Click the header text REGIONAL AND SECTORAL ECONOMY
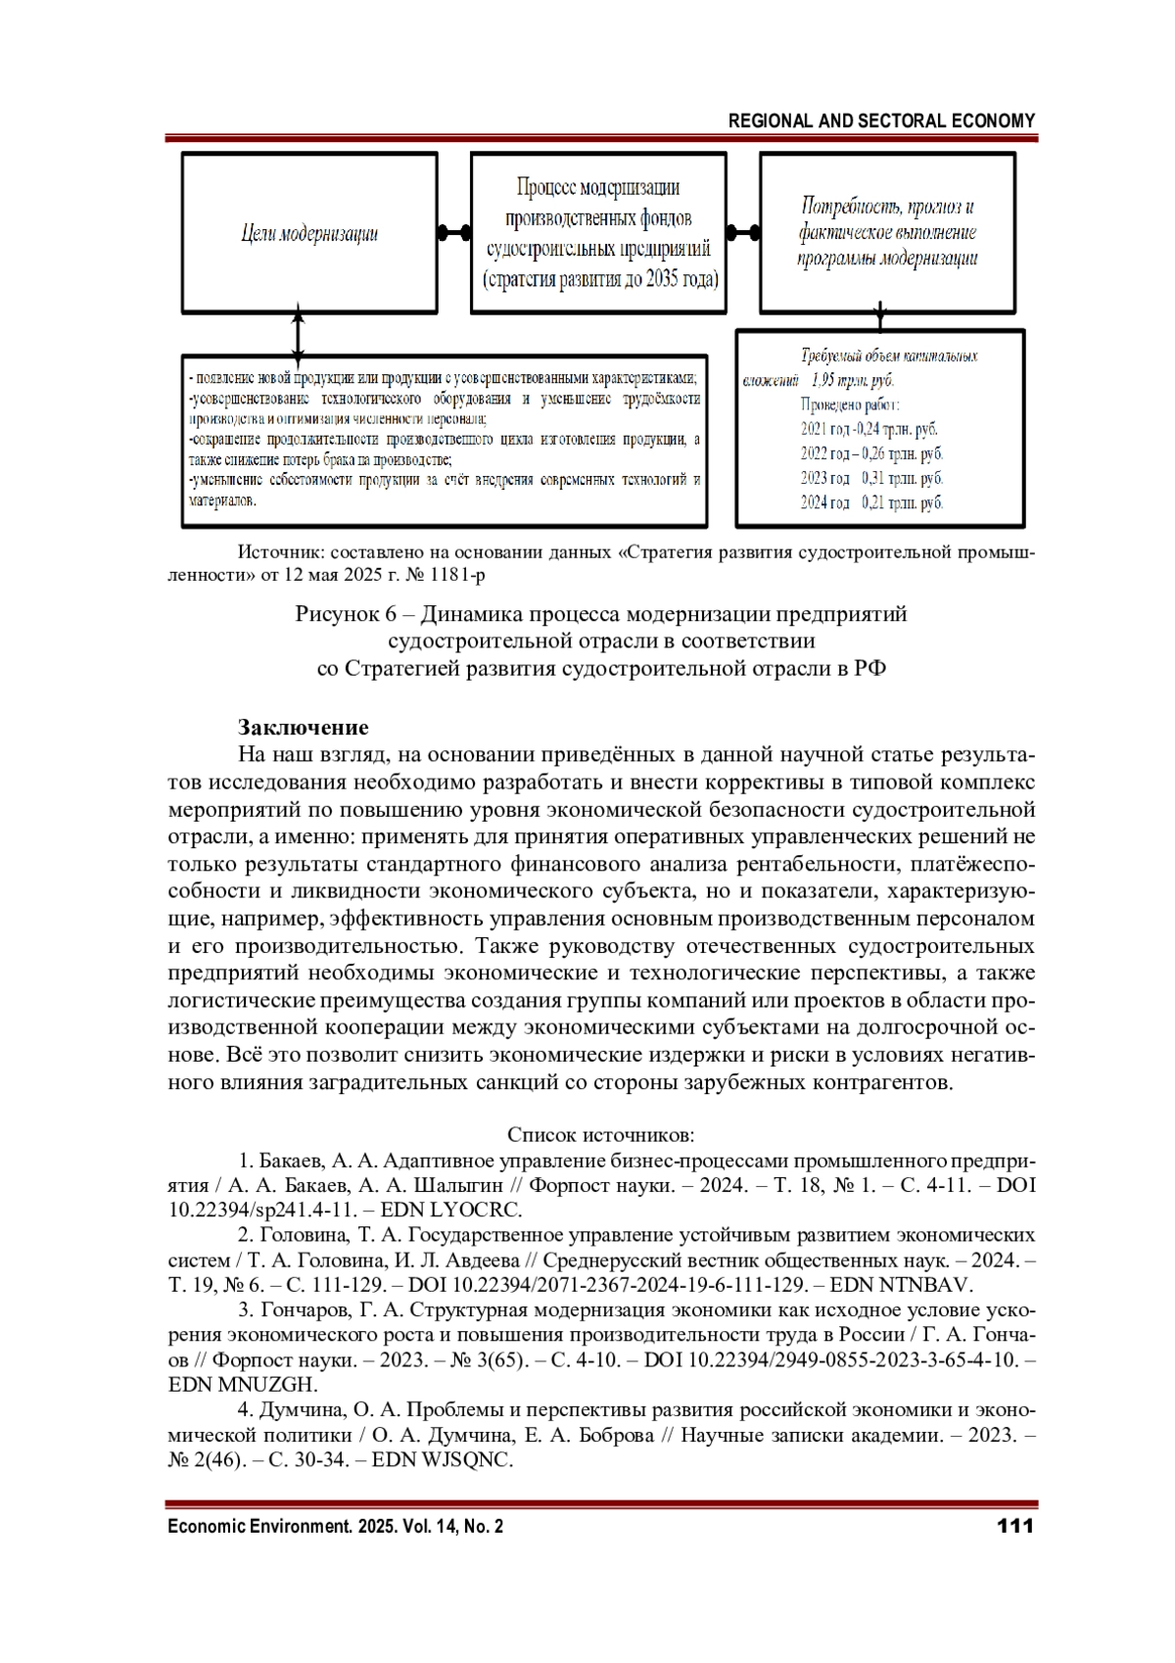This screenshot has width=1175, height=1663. click(881, 120)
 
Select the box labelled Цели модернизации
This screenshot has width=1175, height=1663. click(309, 234)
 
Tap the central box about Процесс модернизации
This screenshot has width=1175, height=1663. click(598, 233)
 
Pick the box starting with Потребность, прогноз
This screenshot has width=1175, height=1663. click(887, 233)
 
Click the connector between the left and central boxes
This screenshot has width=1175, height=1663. click(453, 233)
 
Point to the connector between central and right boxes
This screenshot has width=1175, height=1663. click(743, 233)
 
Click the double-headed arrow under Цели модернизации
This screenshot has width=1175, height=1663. click(298, 334)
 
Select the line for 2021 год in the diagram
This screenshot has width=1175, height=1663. click(869, 429)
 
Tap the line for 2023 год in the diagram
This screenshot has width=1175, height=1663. click(871, 478)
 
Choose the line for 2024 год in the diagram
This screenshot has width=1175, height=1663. click(871, 502)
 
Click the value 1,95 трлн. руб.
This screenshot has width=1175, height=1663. click(853, 380)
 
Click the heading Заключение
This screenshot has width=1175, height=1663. click(304, 728)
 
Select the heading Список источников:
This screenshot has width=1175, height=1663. click(600, 1135)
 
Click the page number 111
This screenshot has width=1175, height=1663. click(1014, 1526)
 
